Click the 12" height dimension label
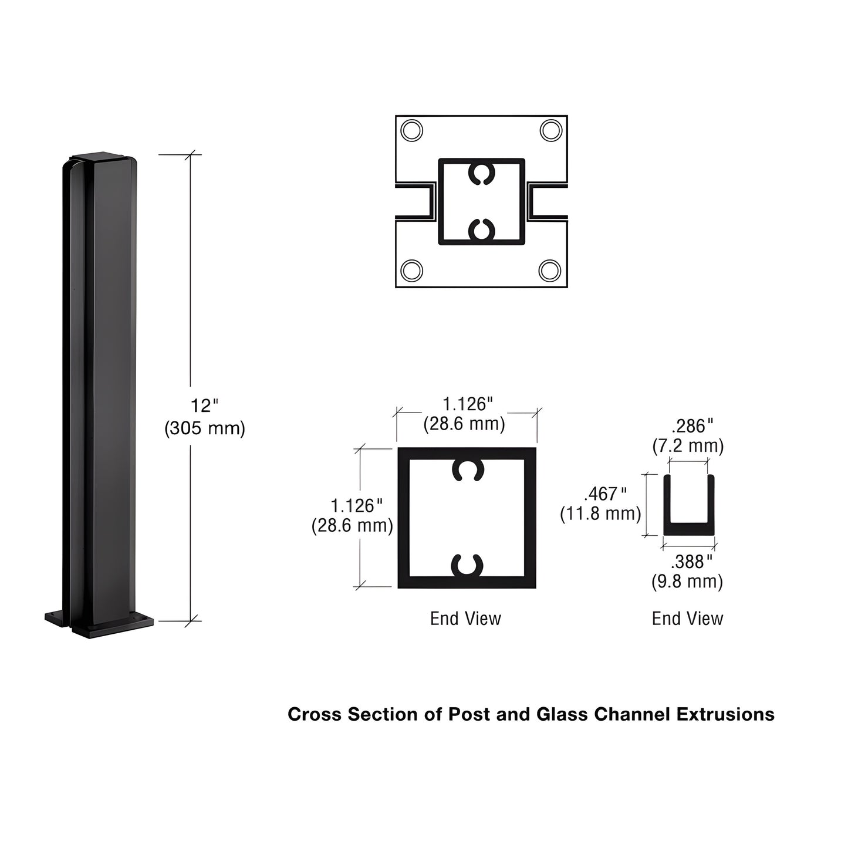[204, 406]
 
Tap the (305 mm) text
[204, 428]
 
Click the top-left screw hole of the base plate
[412, 130]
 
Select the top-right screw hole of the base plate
[550, 130]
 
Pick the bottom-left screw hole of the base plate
[412, 271]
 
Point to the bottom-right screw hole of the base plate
[550, 271]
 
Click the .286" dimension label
[692, 426]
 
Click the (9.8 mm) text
[687, 582]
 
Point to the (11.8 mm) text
[600, 514]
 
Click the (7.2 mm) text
[688, 446]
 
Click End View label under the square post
[465, 619]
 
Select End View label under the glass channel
[687, 619]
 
